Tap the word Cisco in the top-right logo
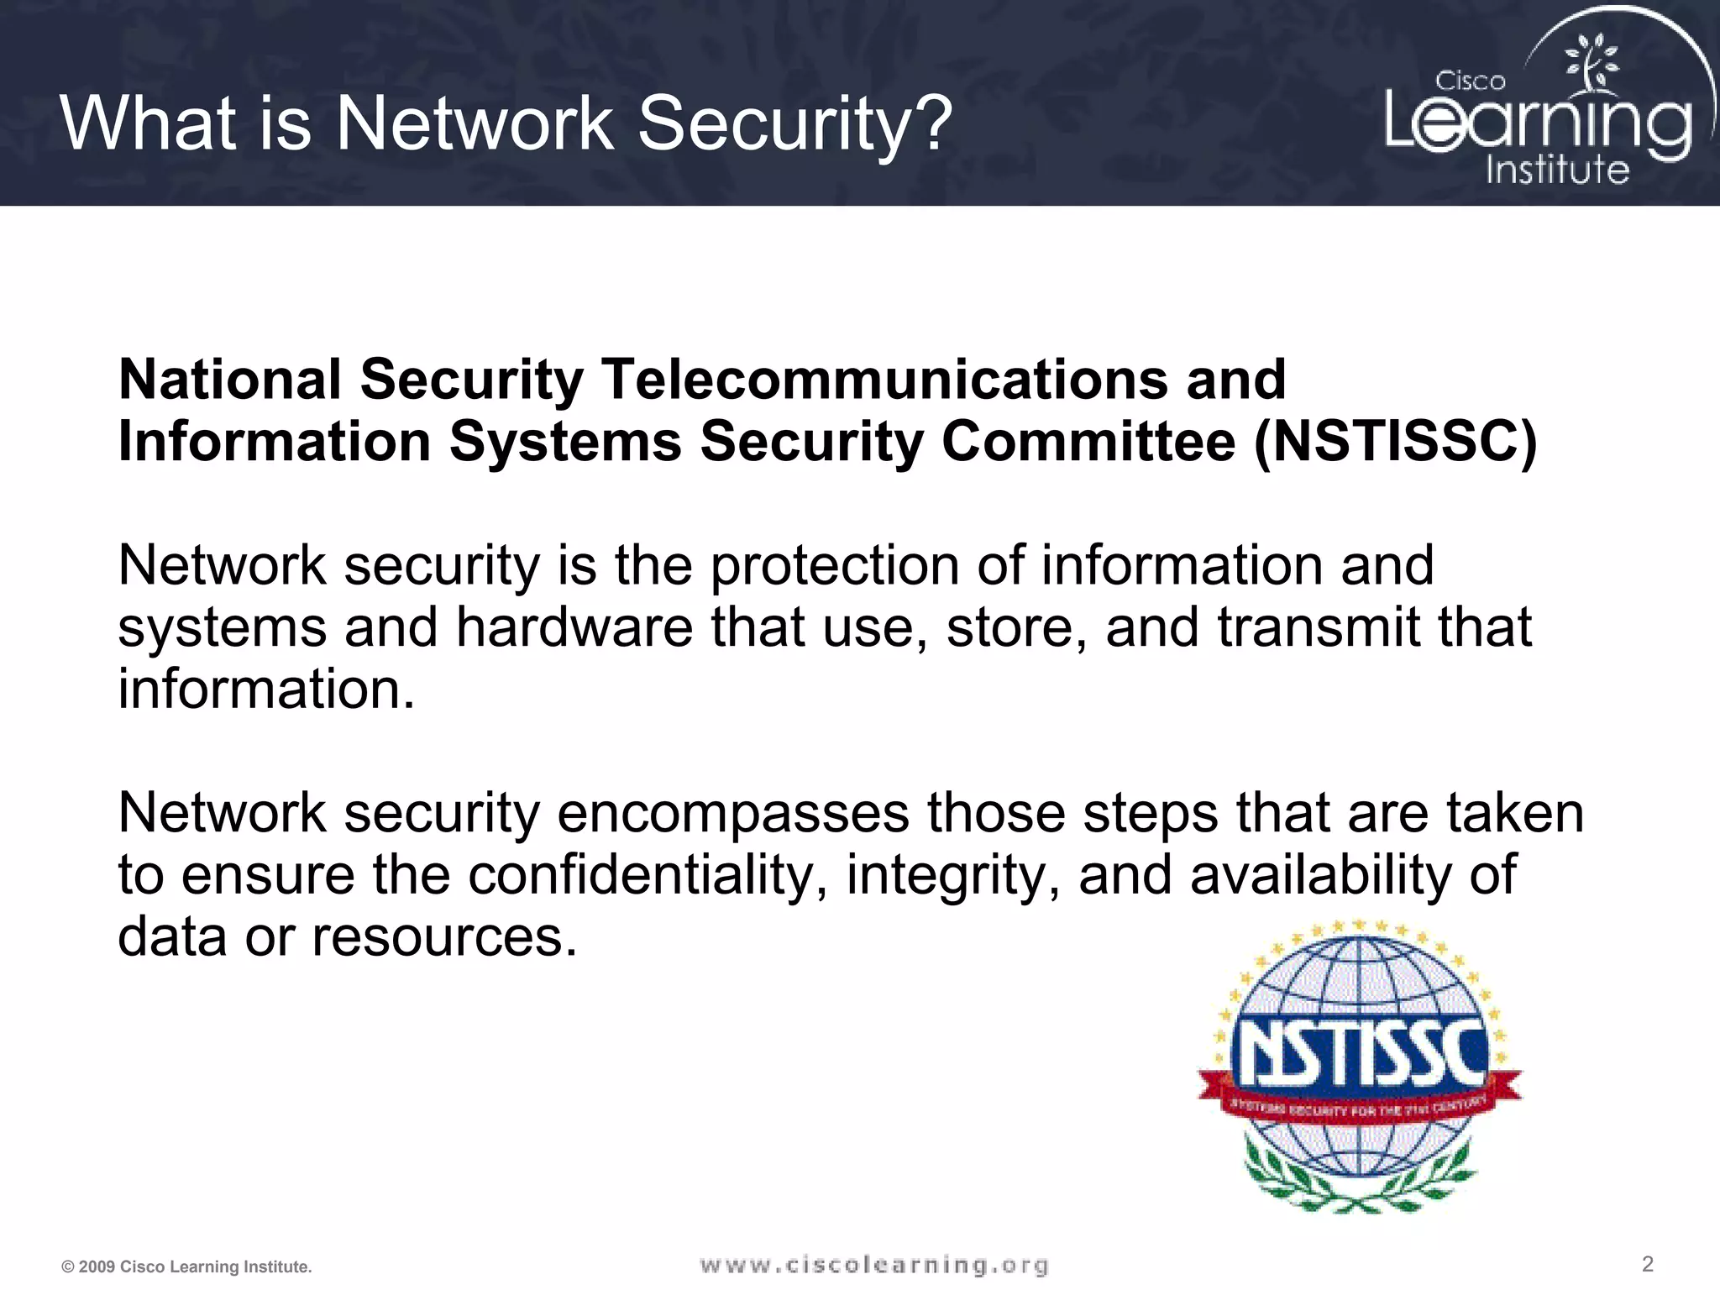1470,81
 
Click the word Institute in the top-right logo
1557,170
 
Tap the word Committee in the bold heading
1088,442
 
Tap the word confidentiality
642,875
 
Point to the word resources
444,936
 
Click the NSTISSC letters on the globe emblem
1358,1052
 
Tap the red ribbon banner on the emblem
1358,1107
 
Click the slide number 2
1647,1264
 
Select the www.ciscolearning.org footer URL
874,1265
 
